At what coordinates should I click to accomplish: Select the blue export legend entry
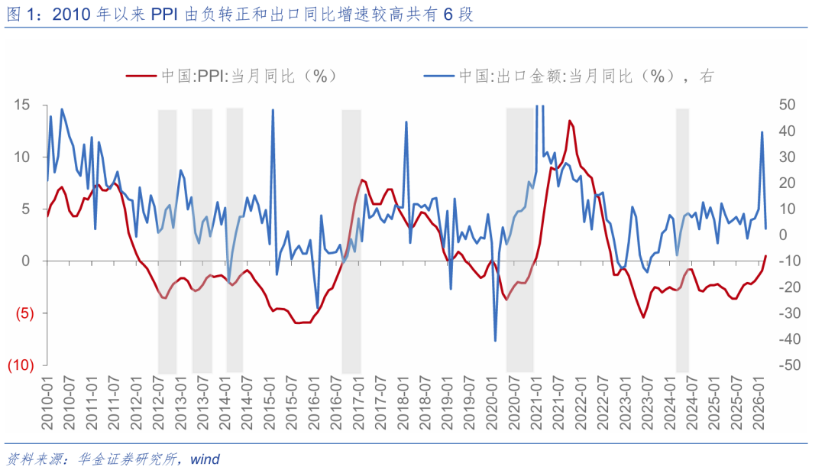[x=565, y=76]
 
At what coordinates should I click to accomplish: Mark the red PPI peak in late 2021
[x=570, y=121]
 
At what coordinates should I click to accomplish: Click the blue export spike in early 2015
[x=273, y=110]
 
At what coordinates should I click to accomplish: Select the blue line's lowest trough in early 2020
[x=495, y=340]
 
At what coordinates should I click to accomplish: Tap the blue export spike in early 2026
[x=762, y=132]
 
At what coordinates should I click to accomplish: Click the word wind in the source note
[x=205, y=459]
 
